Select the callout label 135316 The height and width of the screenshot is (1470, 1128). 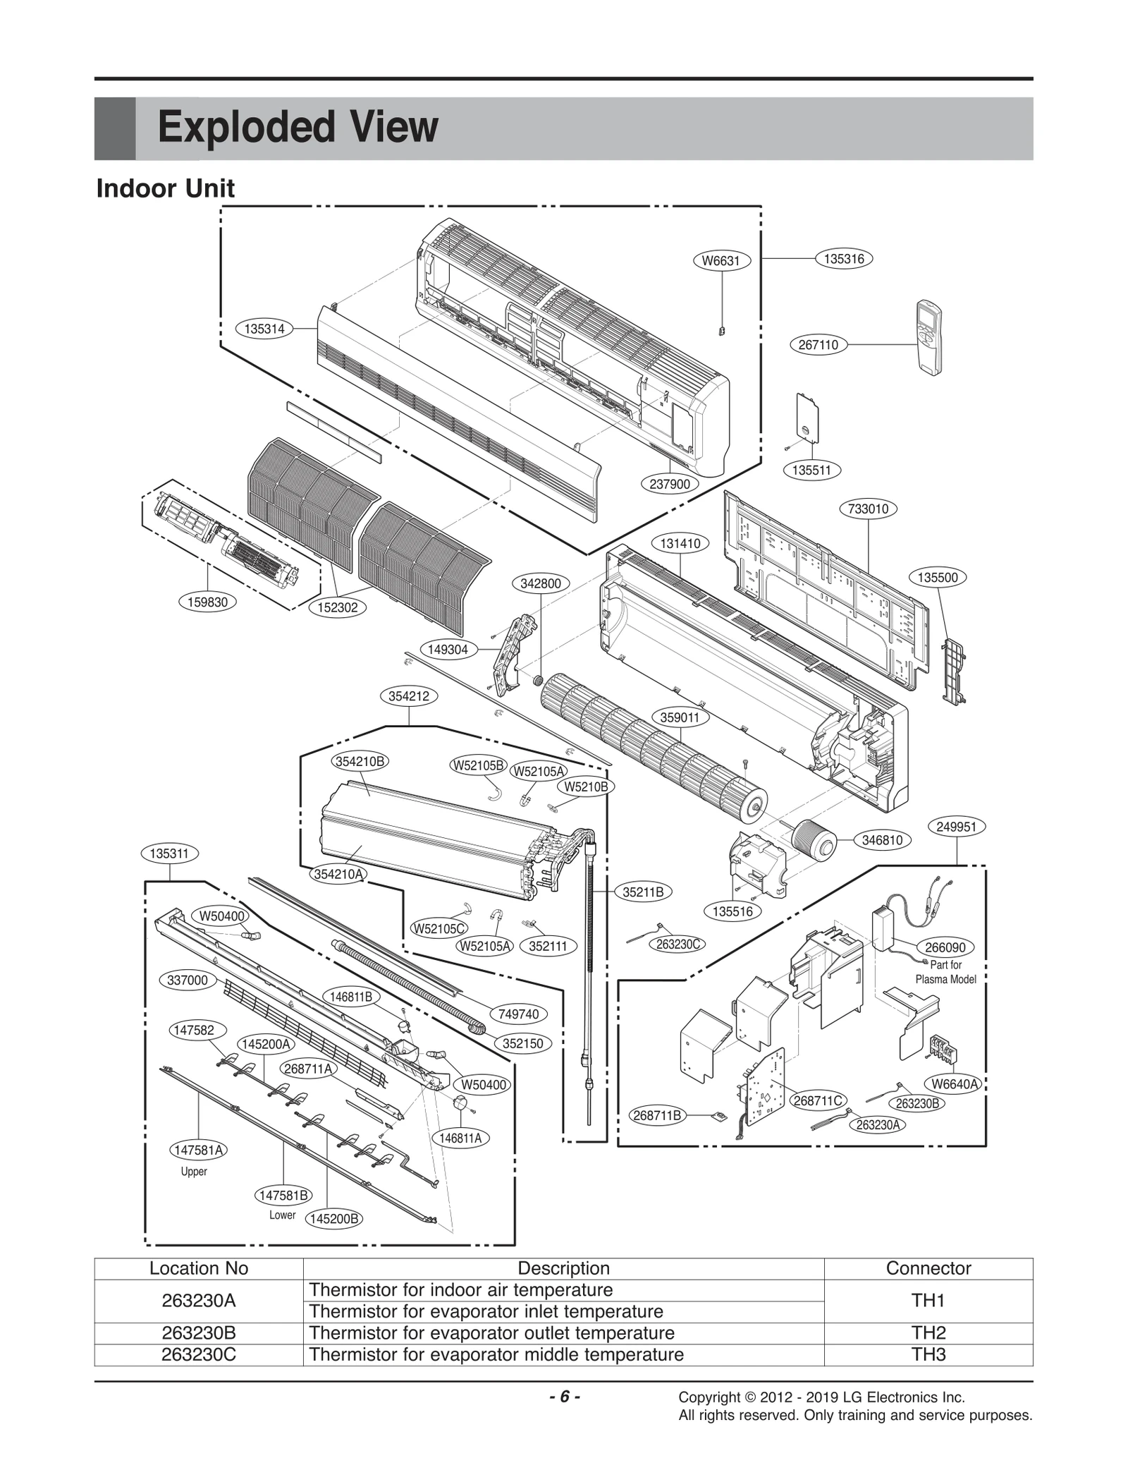click(x=843, y=259)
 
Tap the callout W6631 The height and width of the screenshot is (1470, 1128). click(x=721, y=261)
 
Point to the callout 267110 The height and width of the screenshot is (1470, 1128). click(x=818, y=345)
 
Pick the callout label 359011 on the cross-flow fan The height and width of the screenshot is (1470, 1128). click(x=680, y=717)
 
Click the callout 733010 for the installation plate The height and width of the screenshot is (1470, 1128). click(x=868, y=509)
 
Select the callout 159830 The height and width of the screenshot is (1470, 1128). click(x=207, y=602)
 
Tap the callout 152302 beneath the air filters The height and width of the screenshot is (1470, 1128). click(x=338, y=607)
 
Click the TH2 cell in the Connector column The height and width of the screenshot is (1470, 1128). click(x=928, y=1332)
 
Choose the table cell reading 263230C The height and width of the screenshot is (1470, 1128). click(x=198, y=1354)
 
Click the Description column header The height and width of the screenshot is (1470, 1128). click(x=563, y=1268)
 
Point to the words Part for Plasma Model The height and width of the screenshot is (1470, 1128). click(x=945, y=971)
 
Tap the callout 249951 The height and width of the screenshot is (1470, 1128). click(x=956, y=826)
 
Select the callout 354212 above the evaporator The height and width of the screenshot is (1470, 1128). click(x=409, y=696)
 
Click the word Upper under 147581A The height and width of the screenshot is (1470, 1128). click(x=193, y=1172)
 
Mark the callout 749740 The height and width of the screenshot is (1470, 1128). click(x=518, y=1014)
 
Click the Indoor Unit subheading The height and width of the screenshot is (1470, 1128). click(x=165, y=188)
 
